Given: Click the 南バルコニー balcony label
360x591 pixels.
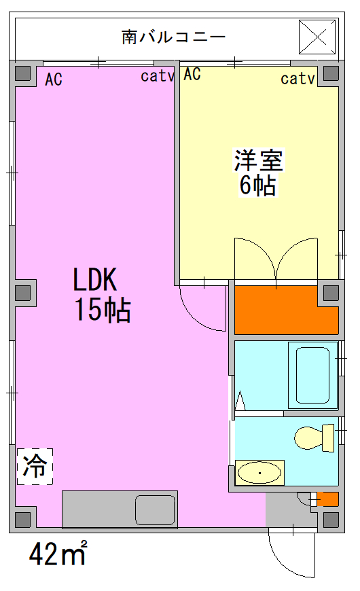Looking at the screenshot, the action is (x=173, y=37).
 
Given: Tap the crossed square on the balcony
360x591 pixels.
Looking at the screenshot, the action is (x=317, y=37).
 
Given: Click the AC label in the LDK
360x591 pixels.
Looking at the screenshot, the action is (x=54, y=79).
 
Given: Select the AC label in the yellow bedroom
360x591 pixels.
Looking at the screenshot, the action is (x=192, y=74).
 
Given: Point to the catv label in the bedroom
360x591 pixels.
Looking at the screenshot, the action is (x=298, y=79).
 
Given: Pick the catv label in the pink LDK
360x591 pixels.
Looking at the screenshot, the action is (x=157, y=76).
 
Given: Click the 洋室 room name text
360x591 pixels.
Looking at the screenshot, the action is (x=259, y=160).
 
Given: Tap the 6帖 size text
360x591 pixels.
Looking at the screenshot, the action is (x=258, y=185).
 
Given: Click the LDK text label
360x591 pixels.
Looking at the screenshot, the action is (x=95, y=280).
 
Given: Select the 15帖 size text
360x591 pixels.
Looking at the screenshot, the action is (x=103, y=310).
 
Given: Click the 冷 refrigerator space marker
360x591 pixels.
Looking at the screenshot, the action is (x=35, y=466).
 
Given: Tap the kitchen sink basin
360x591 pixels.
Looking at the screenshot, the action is (x=156, y=509).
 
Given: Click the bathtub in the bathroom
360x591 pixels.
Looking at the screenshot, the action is (x=312, y=375).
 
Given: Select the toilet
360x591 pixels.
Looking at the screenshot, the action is (x=314, y=437).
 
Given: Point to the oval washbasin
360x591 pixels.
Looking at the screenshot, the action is (x=259, y=473).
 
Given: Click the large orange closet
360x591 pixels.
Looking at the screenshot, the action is (x=287, y=310).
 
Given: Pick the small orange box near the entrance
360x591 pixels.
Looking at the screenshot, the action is (x=327, y=499).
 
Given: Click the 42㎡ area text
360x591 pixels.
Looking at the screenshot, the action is (x=58, y=554).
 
